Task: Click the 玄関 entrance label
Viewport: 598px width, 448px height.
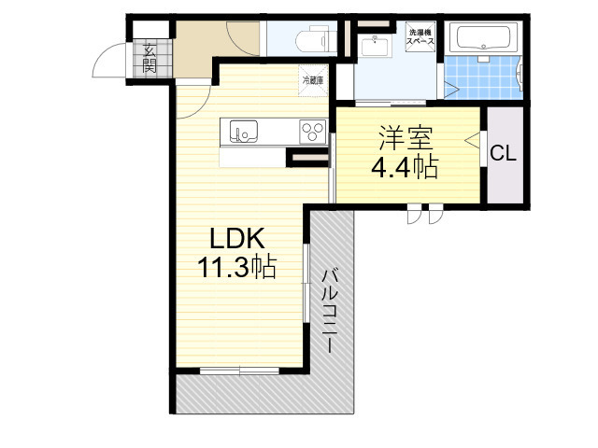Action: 149,59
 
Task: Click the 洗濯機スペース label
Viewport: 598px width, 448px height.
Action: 420,39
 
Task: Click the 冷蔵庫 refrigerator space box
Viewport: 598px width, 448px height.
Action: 312,81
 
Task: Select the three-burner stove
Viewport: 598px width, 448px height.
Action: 312,132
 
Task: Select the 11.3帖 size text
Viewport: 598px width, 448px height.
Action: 235,268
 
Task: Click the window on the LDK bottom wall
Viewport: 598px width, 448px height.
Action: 240,371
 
